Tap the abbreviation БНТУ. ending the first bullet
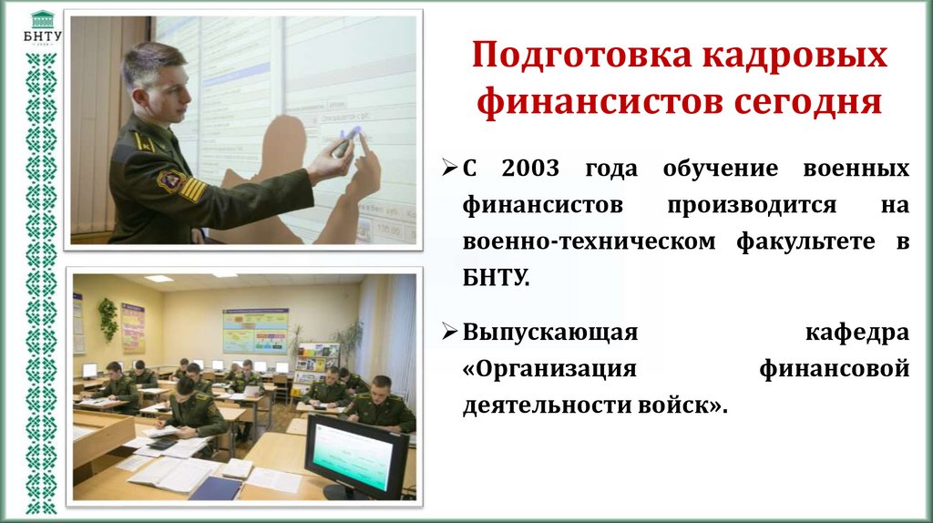point(496,276)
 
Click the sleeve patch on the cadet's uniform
point(170,180)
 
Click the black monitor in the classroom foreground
point(356,456)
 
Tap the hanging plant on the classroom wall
point(108,319)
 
